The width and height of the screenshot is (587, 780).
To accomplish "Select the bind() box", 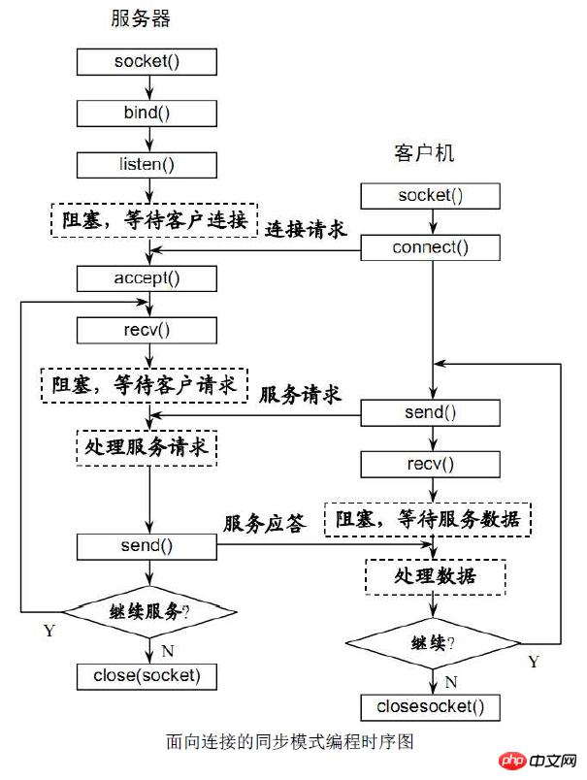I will click(x=147, y=112).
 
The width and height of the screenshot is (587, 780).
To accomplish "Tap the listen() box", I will click(x=147, y=163).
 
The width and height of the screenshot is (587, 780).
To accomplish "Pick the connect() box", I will click(x=431, y=247).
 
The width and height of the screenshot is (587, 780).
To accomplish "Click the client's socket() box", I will click(x=431, y=195).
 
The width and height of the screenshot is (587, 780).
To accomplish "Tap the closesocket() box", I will click(x=431, y=705).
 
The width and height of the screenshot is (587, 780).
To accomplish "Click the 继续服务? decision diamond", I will click(x=149, y=612).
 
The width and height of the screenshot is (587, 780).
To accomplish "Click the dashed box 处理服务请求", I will click(x=146, y=449).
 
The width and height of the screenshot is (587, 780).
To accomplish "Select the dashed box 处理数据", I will click(x=435, y=575).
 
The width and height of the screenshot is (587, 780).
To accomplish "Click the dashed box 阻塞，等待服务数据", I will click(x=428, y=519).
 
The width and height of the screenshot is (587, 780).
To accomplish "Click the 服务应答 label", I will click(x=264, y=524).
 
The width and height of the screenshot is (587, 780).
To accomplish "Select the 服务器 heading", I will click(x=147, y=19).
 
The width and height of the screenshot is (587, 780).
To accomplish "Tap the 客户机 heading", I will click(x=424, y=153).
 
